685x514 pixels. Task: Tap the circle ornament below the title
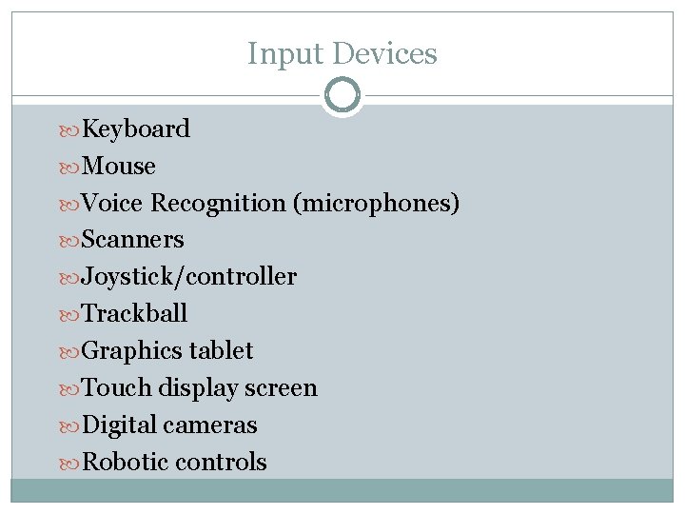point(342,95)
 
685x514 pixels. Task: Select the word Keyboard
point(136,128)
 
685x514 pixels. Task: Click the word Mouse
point(119,166)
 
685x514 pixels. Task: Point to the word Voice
point(113,203)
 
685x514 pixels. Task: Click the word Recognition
point(218,203)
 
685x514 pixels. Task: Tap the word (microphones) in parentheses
point(377,203)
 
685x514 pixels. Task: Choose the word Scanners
point(133,239)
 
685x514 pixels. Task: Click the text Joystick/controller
point(189,277)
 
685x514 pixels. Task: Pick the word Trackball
point(135,313)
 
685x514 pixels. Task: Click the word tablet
point(221,350)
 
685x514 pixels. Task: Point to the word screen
point(281,387)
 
